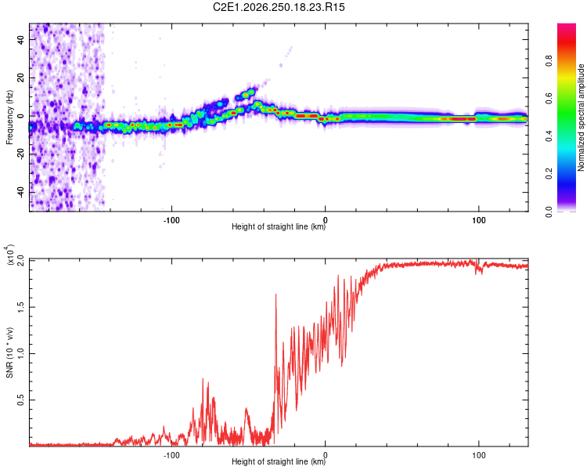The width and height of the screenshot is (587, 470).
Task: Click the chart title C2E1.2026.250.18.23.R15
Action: [279, 7]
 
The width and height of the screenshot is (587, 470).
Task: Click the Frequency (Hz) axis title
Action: [9, 117]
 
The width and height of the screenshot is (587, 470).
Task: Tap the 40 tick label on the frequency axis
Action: [21, 39]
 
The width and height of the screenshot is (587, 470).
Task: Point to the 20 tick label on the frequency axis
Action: [21, 78]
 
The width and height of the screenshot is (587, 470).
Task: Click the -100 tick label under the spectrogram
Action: [171, 220]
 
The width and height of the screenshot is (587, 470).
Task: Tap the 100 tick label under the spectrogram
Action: [478, 220]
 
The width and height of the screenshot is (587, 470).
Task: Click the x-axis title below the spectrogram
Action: [279, 226]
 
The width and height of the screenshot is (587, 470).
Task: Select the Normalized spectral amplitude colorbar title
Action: [581, 117]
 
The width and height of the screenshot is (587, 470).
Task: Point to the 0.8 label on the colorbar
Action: [549, 60]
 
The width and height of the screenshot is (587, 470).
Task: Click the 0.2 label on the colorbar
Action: [549, 174]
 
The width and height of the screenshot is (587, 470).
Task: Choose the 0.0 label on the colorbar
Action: [549, 211]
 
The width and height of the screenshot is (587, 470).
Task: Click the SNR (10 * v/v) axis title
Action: [9, 352]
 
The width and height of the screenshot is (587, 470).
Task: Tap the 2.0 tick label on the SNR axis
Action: [21, 260]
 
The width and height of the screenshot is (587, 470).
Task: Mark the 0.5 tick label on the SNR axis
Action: [21, 400]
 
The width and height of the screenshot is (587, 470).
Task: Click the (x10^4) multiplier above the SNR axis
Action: [9, 255]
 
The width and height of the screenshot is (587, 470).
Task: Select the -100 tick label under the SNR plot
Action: [171, 455]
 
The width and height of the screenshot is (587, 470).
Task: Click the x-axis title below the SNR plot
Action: [279, 461]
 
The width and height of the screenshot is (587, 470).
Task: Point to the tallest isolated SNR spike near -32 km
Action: [276, 295]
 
